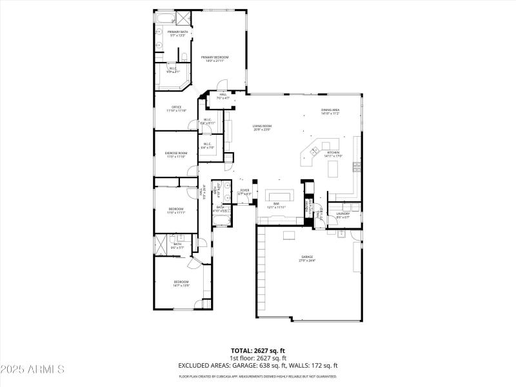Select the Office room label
pyautogui.click(x=176, y=107)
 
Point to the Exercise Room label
pyautogui.click(x=175, y=153)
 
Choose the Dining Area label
pyautogui.click(x=330, y=110)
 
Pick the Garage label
pyautogui.click(x=306, y=257)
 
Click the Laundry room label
pyautogui.click(x=342, y=214)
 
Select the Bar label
pyautogui.click(x=275, y=204)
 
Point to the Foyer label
pyautogui.click(x=244, y=190)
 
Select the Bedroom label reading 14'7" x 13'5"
pyautogui.click(x=181, y=282)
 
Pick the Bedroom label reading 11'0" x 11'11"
pyautogui.click(x=176, y=209)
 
